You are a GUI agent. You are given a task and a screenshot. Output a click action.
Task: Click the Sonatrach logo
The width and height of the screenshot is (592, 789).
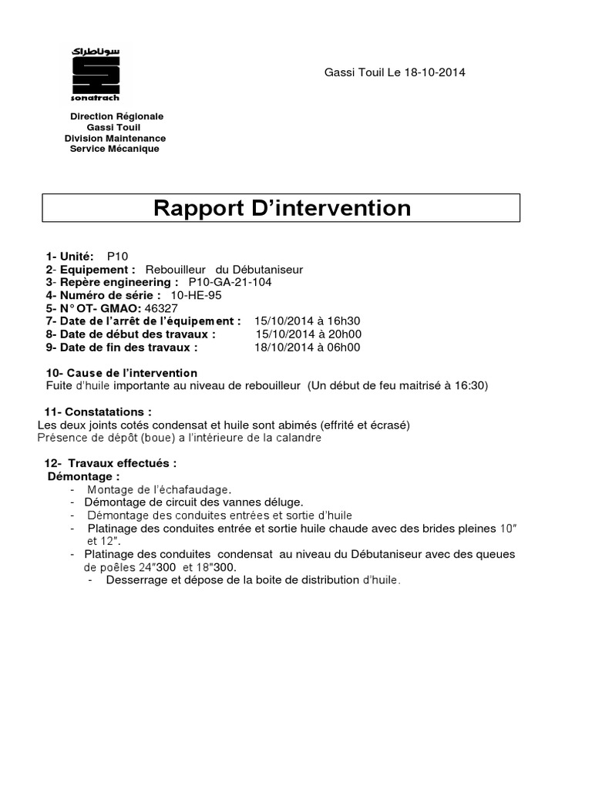(95, 73)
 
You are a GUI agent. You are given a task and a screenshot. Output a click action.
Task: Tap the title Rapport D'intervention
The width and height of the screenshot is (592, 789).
(281, 208)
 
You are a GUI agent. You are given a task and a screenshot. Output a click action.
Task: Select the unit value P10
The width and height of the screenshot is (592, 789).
(118, 256)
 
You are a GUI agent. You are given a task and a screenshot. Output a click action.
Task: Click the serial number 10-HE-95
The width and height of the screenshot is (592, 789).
(195, 295)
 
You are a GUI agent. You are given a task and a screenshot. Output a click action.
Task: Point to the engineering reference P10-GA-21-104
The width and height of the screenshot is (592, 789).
(230, 282)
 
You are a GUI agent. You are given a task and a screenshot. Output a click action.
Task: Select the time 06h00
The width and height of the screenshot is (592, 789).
(344, 347)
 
